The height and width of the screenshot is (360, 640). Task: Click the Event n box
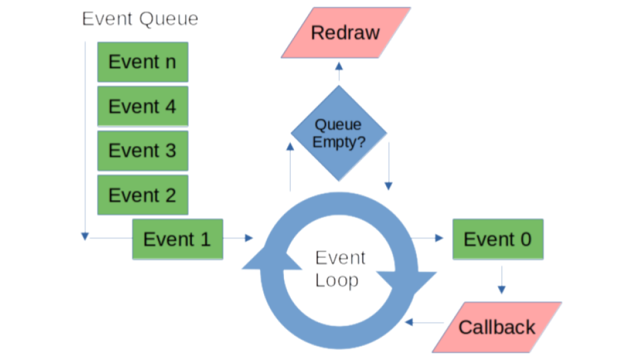coord(143,62)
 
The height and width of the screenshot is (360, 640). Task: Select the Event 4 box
coord(143,106)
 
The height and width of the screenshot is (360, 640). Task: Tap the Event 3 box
coord(143,151)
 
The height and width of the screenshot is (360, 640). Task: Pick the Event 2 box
coord(143,195)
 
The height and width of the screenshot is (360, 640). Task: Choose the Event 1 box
coord(177,239)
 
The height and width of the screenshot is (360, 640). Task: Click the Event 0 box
coord(498,239)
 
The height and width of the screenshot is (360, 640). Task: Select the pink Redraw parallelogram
coord(346,33)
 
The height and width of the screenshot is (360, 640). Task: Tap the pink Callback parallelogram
coord(497,327)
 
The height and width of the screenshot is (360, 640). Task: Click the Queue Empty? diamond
coord(339,133)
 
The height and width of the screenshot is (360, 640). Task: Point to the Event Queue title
coord(140,19)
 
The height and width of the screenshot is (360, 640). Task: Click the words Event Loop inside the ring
coord(340,269)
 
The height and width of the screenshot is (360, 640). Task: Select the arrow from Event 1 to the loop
coord(239,238)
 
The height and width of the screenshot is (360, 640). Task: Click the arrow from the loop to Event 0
coord(427,238)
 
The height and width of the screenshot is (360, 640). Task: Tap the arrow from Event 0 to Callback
coord(501,280)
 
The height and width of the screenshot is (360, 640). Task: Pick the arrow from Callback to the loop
coord(425,323)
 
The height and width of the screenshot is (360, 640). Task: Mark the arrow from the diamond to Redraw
coord(339,71)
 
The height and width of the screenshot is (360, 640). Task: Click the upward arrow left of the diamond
coord(290,167)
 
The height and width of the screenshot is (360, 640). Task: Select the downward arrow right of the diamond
coord(389,166)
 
